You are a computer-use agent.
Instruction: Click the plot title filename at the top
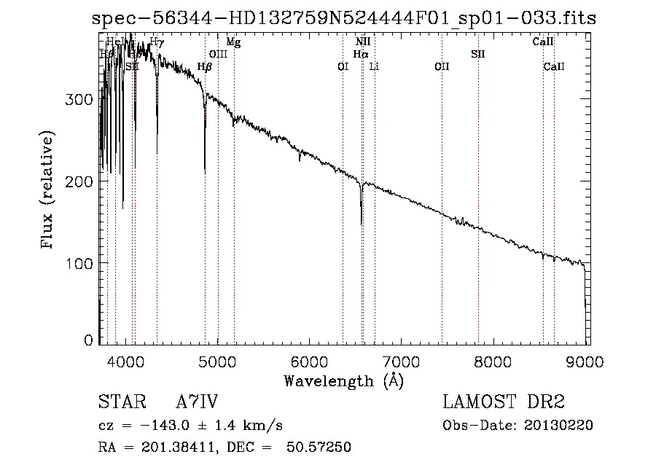(344, 19)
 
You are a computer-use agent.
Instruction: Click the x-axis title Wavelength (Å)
(343, 380)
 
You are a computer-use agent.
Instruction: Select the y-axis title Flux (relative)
(48, 191)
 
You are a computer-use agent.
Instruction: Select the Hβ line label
(205, 67)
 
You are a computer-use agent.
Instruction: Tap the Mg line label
(233, 42)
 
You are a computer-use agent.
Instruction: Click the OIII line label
(218, 54)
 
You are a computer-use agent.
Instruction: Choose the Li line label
(374, 67)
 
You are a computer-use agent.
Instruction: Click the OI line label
(343, 67)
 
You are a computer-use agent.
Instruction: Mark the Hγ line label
(157, 42)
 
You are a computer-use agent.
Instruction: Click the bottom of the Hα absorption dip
(362, 223)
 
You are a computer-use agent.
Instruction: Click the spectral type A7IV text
(197, 402)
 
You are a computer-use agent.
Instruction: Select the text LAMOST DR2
(504, 402)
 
